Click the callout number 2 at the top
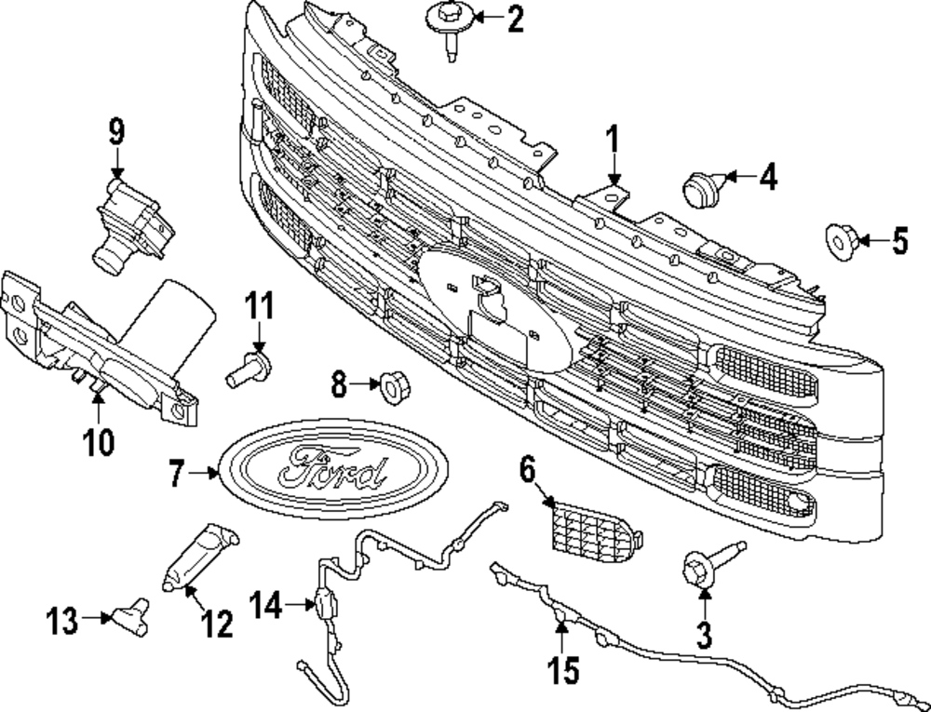point(515,19)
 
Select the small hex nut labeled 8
point(391,383)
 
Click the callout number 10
point(99,439)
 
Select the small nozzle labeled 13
point(128,617)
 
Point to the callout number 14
point(265,606)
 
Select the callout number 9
point(116,132)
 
